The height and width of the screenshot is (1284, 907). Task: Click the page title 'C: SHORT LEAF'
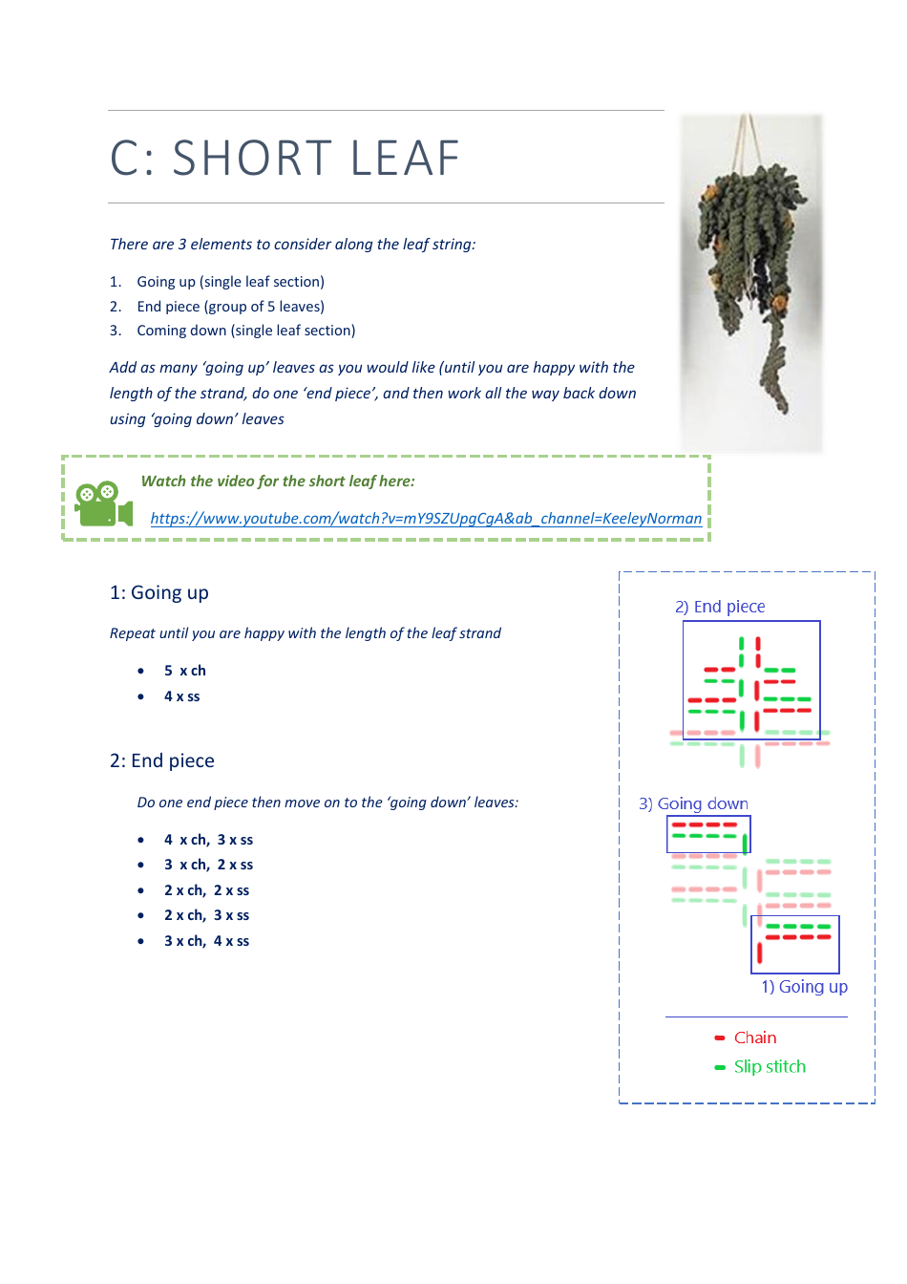285,159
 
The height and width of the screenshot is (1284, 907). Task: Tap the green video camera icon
102,504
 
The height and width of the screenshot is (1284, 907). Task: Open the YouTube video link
426,519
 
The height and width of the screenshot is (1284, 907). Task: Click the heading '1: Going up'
159,593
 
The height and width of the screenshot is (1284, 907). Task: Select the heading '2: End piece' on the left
162,761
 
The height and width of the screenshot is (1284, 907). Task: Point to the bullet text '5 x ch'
185,672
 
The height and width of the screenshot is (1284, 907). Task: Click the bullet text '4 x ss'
182,697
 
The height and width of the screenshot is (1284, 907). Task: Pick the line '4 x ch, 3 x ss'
208,841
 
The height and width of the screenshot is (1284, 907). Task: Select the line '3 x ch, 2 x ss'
208,866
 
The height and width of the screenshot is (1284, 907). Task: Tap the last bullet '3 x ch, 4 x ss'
206,942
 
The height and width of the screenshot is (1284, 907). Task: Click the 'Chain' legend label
755,1038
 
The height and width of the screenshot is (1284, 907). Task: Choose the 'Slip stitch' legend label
770,1067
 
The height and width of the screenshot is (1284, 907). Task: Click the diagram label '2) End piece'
720,608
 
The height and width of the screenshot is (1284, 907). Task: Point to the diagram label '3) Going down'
693,804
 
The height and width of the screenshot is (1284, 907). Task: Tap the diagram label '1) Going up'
804,988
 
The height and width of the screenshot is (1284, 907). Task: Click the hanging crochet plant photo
751,282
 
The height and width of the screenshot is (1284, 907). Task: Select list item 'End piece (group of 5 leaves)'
230,308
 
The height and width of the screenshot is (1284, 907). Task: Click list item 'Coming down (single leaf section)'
245,332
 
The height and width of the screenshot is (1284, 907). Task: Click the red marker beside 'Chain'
720,1038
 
